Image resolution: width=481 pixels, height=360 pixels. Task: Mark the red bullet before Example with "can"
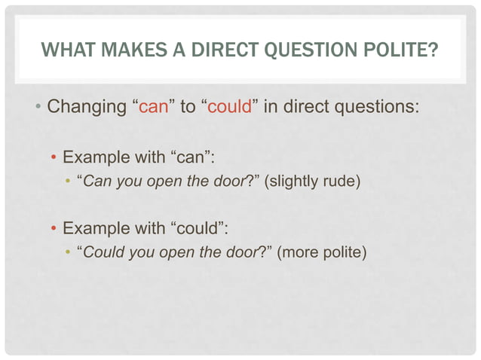(x=54, y=160)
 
